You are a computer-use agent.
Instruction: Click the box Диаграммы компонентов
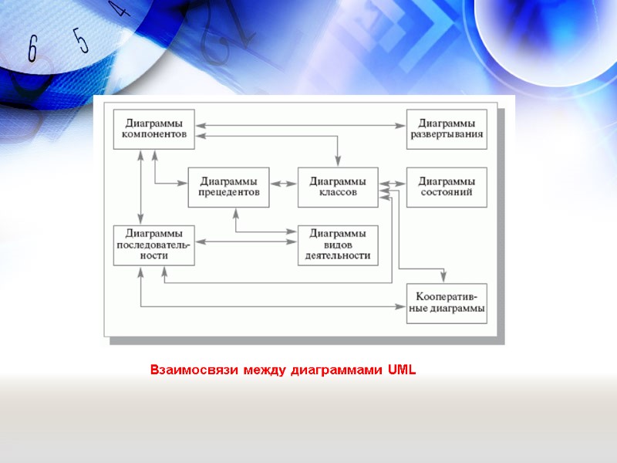click(153, 129)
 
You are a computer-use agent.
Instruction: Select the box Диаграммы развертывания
click(447, 129)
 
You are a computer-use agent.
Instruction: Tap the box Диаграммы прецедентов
click(228, 187)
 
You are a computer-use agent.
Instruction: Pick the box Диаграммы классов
click(338, 187)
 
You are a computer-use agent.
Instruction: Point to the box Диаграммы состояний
click(447, 187)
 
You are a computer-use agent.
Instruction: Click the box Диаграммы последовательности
click(153, 245)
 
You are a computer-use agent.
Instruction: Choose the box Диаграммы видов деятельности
click(338, 245)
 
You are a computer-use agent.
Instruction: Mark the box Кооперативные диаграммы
click(447, 303)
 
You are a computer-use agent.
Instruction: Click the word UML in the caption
click(402, 370)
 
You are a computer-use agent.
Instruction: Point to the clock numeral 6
click(32, 50)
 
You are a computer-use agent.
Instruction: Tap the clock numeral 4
click(116, 9)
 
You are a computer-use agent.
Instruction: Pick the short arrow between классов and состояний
click(393, 184)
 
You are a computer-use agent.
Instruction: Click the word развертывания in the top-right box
click(447, 134)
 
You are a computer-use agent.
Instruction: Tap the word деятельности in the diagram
click(338, 256)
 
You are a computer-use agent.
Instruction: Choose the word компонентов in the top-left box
click(153, 134)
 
